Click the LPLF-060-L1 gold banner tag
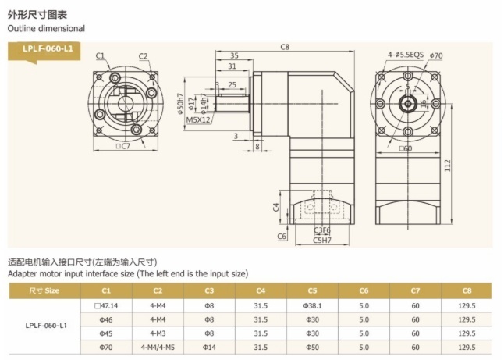pos(44,51)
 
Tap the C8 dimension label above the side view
pos(285,47)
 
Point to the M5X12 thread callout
pos(198,120)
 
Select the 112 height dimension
pos(447,166)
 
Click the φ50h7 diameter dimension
pos(180,104)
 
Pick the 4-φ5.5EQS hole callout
pos(406,55)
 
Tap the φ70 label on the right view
pos(436,55)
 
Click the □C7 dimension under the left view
pos(122,146)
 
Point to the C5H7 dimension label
pos(321,240)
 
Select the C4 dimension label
pos(275,207)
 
